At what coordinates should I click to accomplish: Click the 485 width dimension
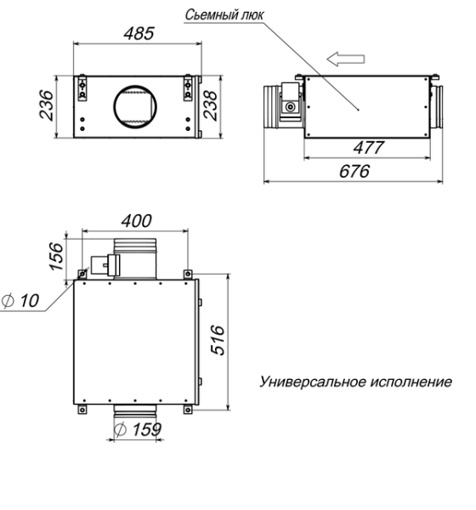(138, 35)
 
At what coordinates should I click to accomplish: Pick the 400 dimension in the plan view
(136, 221)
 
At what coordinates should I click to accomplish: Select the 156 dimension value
(57, 254)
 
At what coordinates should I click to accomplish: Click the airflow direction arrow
(348, 59)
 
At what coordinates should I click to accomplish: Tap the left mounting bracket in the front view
(83, 88)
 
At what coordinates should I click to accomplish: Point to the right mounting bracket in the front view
(187, 88)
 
